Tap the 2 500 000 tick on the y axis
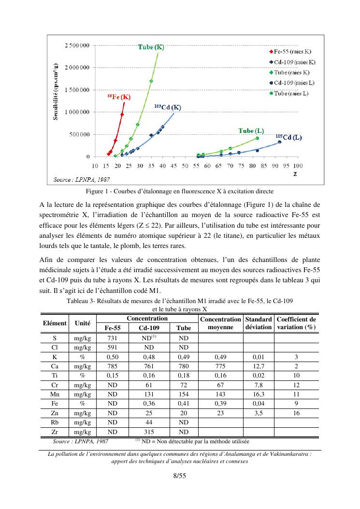[77, 45]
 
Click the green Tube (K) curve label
[151, 47]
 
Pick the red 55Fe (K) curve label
[119, 97]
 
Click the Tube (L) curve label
[251, 131]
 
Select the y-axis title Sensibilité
[56, 92]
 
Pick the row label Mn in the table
[54, 394]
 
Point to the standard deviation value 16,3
[258, 394]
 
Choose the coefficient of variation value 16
[296, 413]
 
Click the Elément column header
[55, 323]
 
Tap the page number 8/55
[180, 476]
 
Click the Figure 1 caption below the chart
[180, 191]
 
